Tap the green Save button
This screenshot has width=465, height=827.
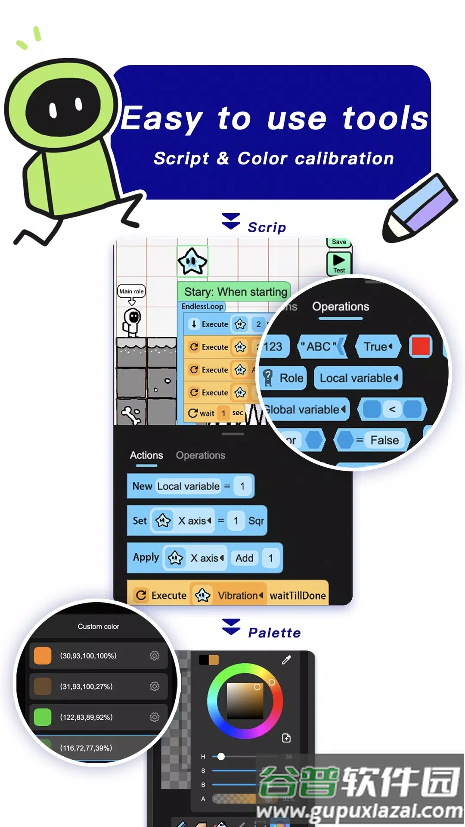point(339,242)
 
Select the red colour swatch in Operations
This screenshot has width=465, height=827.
point(421,346)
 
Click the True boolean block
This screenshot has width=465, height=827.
point(378,347)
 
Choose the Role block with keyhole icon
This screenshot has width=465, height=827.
point(284,378)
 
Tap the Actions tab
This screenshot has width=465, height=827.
point(146,455)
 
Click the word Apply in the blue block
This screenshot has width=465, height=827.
point(146,557)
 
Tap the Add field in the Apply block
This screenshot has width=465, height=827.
point(244,558)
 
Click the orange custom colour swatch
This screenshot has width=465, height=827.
point(43,656)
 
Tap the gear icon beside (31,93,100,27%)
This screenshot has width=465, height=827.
point(155,686)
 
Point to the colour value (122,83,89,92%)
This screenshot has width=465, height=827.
point(86,717)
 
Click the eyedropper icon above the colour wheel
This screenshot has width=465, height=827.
point(286,660)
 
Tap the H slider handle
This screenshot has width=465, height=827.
point(221,756)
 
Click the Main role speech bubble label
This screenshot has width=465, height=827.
point(131,291)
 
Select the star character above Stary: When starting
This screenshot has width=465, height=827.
point(192,261)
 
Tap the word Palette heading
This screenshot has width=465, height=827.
point(274,633)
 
